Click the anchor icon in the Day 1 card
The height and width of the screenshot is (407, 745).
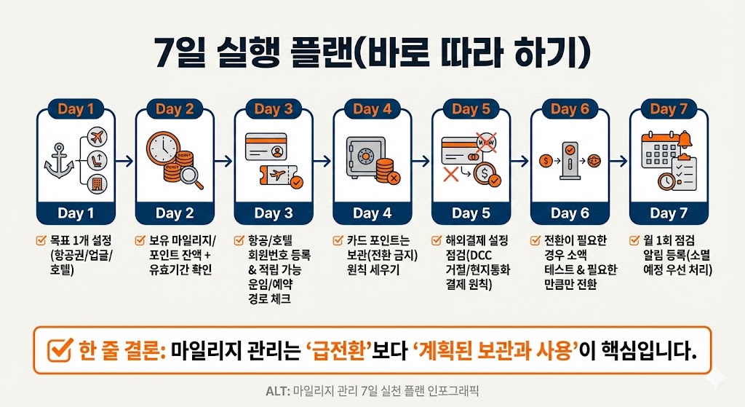click(x=59, y=161)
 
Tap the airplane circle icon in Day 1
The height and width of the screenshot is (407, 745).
click(x=97, y=138)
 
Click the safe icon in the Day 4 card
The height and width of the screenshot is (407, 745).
click(x=364, y=158)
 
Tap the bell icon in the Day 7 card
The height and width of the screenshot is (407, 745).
click(x=685, y=139)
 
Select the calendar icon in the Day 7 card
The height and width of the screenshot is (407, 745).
click(x=660, y=150)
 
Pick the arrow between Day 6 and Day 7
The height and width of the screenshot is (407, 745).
click(x=618, y=161)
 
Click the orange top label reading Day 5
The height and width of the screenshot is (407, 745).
click(x=471, y=109)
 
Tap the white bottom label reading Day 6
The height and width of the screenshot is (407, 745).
click(x=570, y=213)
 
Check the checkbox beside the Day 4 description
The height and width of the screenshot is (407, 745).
click(x=338, y=240)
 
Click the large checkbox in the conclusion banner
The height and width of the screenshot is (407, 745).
click(x=60, y=350)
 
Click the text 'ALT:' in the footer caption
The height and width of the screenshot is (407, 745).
click(x=277, y=391)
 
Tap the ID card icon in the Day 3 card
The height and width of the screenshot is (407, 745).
click(x=266, y=146)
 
